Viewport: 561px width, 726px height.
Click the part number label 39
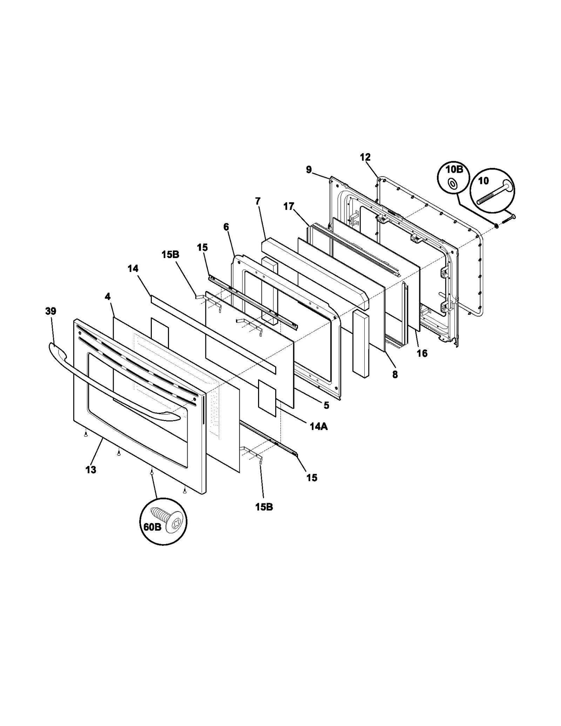[x=51, y=311]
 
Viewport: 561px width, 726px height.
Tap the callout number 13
[x=91, y=470]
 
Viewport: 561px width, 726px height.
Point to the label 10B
[x=454, y=170]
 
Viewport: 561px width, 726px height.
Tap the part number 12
[x=365, y=157]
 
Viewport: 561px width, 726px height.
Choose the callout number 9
[x=309, y=170]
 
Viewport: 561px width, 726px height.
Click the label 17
[x=289, y=207]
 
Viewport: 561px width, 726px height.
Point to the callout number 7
[x=258, y=201]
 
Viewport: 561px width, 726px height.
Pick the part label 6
[x=226, y=227]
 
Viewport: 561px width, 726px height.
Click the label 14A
[x=319, y=426]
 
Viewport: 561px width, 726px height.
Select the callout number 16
[x=422, y=353]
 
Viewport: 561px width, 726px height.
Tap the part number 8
[x=395, y=374]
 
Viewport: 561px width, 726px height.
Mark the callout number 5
[x=326, y=406]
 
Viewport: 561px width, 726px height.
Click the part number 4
[x=108, y=297]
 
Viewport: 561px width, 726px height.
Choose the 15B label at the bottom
[x=264, y=507]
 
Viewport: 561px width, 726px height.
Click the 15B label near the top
[x=170, y=255]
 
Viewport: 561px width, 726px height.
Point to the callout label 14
[x=133, y=269]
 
